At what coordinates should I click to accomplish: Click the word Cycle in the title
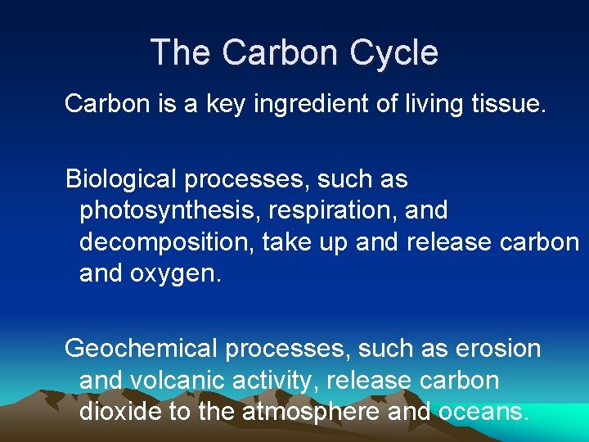[x=394, y=53]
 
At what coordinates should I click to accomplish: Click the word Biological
[x=119, y=178]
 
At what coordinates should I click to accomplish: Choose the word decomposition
[x=167, y=242]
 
